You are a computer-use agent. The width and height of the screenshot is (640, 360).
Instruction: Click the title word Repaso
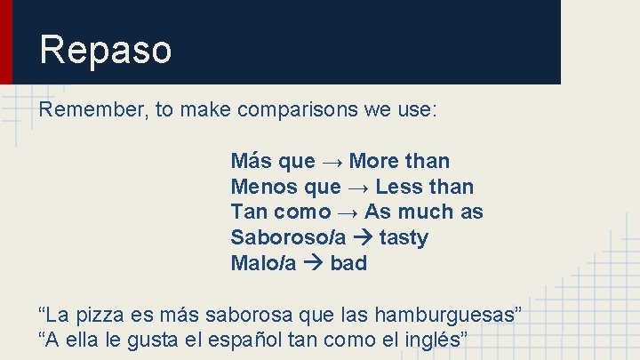pos(105,50)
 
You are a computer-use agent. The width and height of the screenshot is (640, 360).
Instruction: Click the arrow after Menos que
pos(357,187)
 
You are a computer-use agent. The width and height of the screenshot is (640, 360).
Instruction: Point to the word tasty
pos(404,238)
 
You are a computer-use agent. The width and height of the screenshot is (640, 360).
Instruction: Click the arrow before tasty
pos(362,238)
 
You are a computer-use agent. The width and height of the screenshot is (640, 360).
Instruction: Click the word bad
pos(348,264)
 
